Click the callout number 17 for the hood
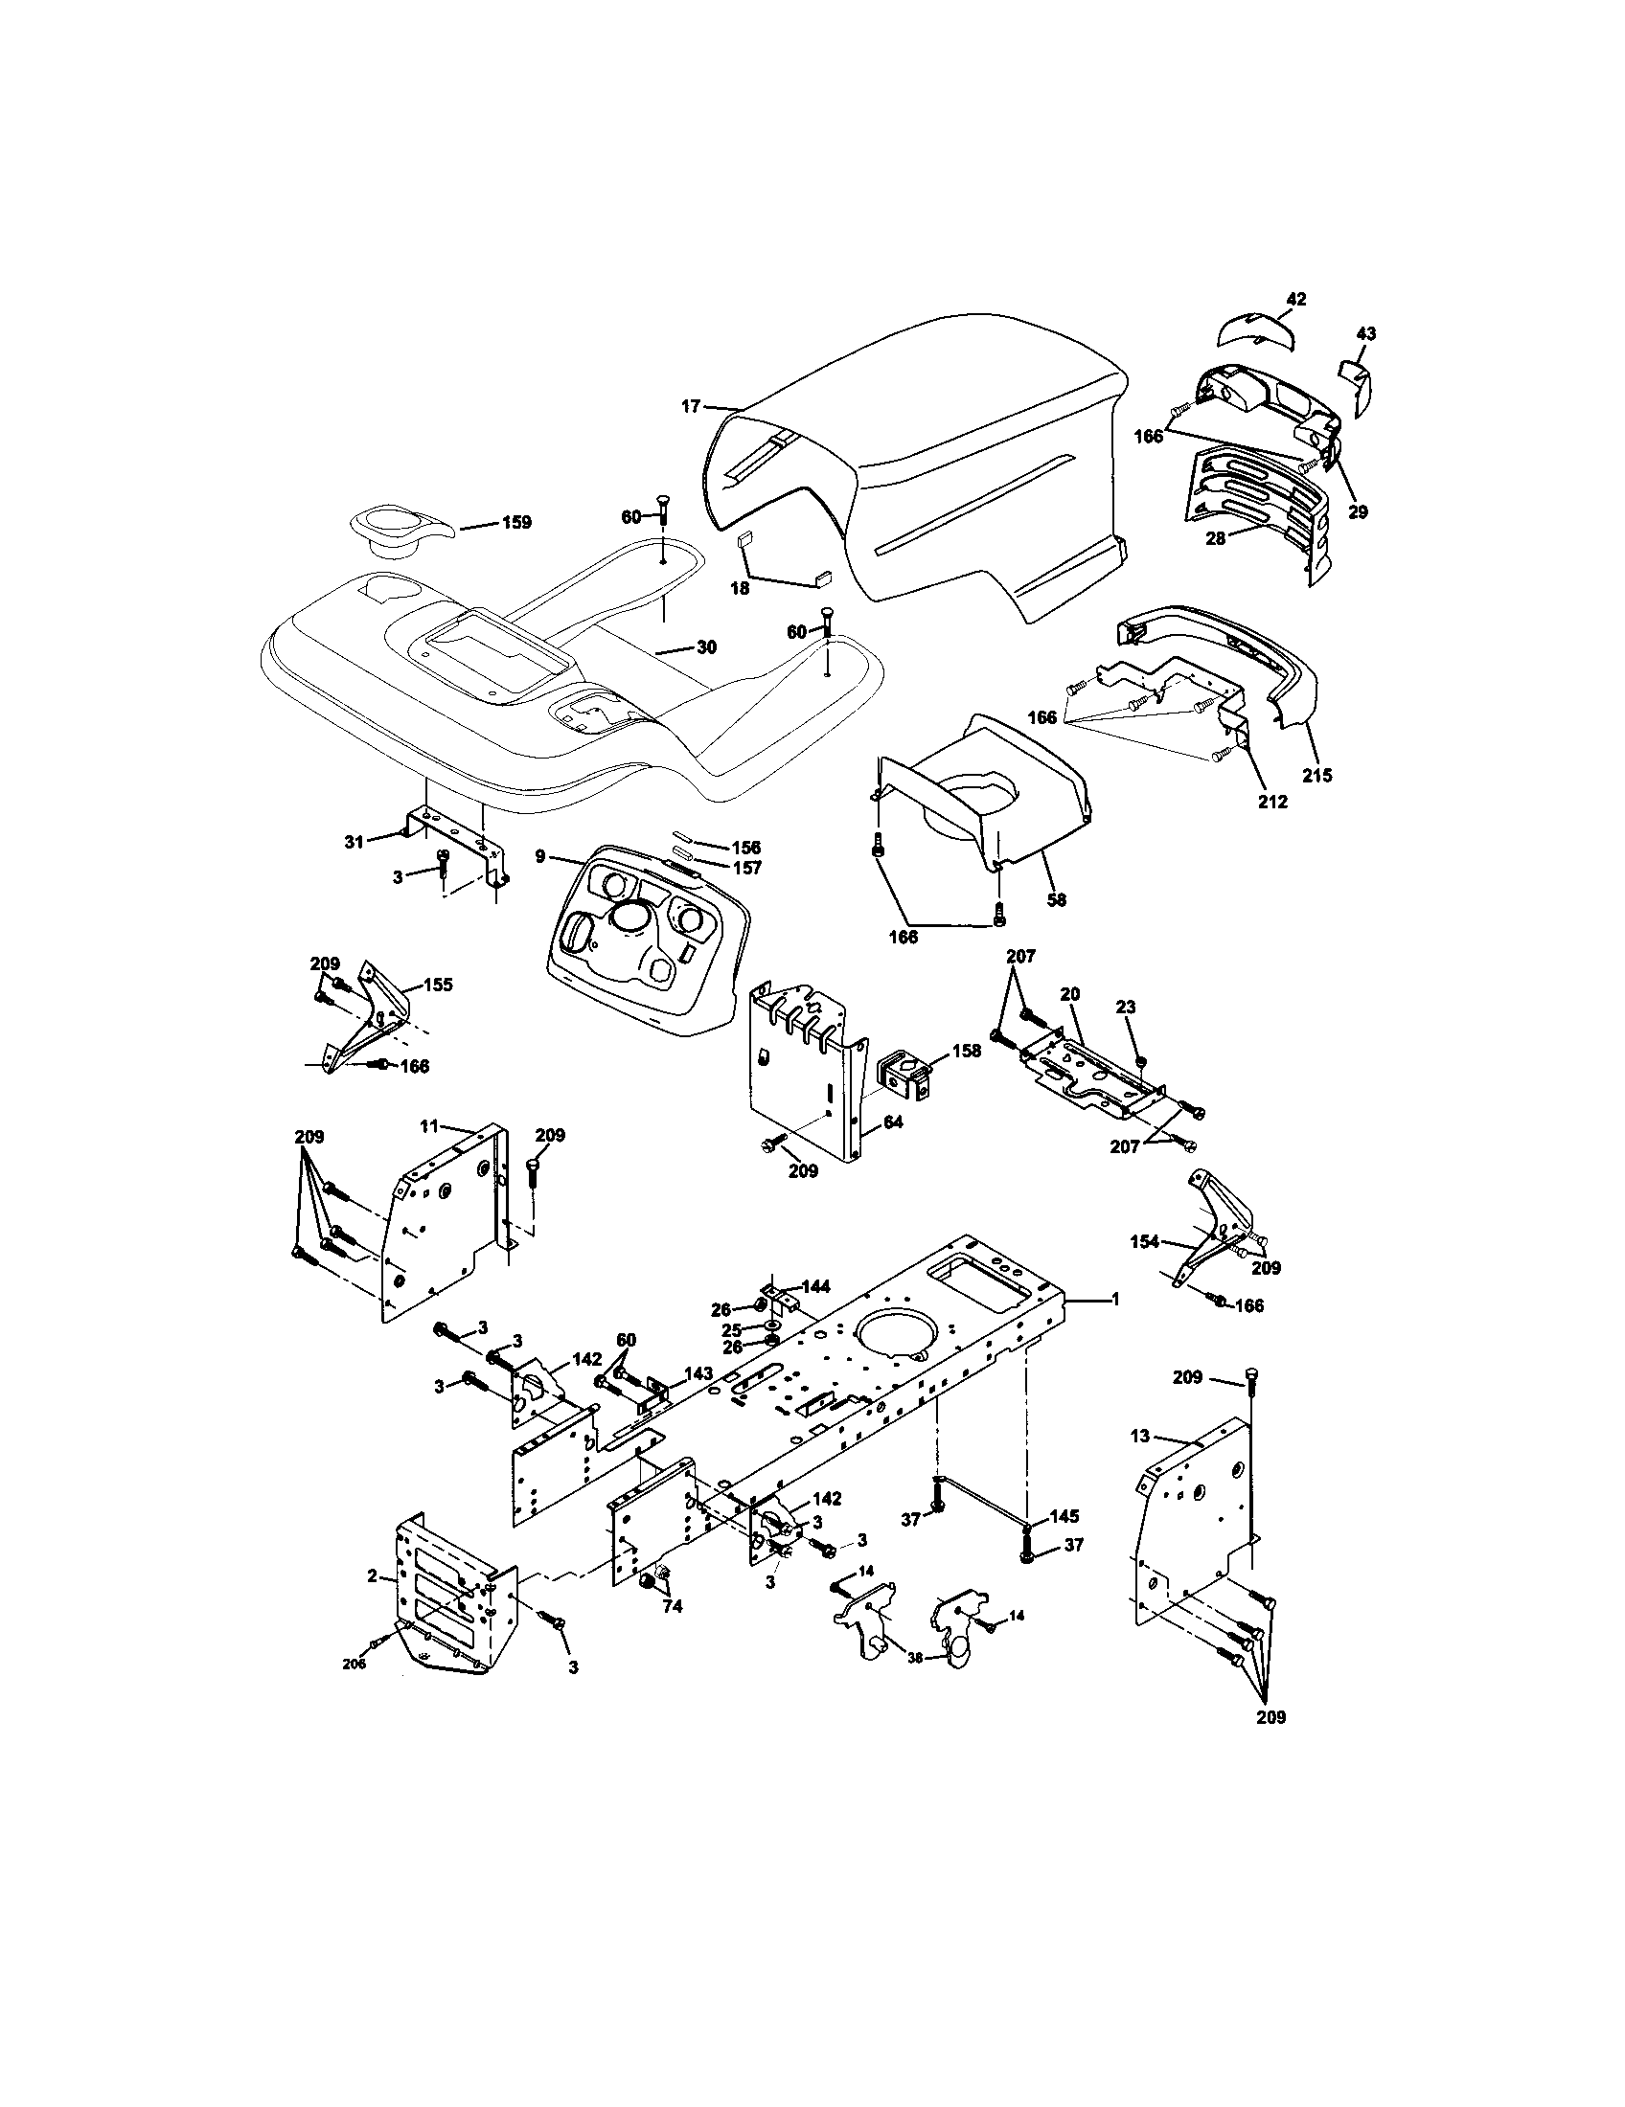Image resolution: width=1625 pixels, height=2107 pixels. click(x=690, y=406)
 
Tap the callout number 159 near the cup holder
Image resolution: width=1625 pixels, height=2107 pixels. click(x=516, y=523)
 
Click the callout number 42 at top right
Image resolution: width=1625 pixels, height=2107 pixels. click(x=1296, y=299)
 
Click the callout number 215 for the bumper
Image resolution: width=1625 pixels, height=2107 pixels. click(x=1317, y=774)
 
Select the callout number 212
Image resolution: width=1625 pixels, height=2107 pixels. click(x=1272, y=801)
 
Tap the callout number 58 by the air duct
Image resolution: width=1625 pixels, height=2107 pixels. click(x=1057, y=899)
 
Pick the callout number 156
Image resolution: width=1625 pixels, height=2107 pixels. click(x=746, y=847)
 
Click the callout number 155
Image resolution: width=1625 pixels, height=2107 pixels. click(x=437, y=985)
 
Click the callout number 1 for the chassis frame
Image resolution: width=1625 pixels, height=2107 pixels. click(x=1115, y=1300)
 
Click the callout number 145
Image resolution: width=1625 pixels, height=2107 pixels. click(x=1064, y=1517)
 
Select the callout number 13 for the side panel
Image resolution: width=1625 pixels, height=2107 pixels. click(x=1140, y=1462)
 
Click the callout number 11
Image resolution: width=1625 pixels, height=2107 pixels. click(x=429, y=1125)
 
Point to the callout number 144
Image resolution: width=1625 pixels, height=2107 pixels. click(x=815, y=1286)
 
